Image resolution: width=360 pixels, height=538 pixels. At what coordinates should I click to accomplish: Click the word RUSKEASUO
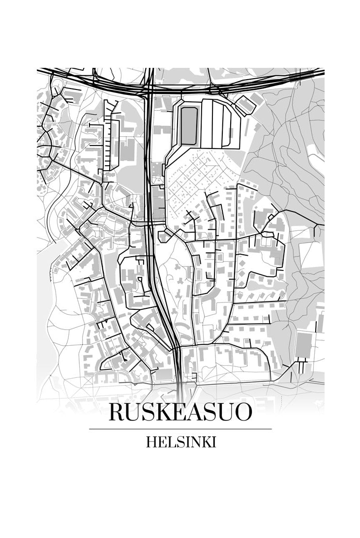click(x=180, y=412)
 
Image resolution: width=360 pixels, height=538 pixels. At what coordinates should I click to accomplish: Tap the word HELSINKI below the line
click(x=180, y=442)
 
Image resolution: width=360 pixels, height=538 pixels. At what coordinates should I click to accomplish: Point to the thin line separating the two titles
click(x=180, y=429)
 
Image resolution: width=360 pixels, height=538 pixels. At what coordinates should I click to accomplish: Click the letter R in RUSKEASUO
click(x=117, y=412)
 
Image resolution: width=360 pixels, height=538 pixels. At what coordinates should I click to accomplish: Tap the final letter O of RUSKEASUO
click(x=242, y=412)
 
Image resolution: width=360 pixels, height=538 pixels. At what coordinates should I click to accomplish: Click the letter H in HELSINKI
click(x=150, y=442)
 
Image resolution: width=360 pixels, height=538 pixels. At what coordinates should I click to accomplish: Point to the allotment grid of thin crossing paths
click(x=194, y=182)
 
